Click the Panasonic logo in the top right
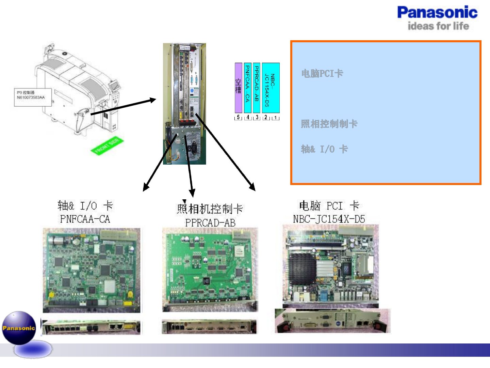[437, 13]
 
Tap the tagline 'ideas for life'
[438, 26]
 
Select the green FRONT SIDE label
[107, 146]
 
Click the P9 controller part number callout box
[33, 97]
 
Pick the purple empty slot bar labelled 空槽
[239, 88]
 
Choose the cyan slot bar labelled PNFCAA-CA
[248, 88]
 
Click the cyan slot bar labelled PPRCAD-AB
[257, 88]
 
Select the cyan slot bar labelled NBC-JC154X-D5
[271, 88]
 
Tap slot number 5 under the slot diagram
[238, 118]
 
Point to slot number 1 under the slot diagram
[275, 118]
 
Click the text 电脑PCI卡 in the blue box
[322, 73]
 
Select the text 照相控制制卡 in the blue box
[329, 124]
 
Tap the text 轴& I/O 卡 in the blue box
[324, 149]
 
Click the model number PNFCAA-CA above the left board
[85, 219]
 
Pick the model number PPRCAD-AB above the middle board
[210, 223]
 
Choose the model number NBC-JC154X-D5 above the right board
[329, 219]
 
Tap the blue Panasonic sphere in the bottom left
[19, 328]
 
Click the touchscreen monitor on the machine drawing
[115, 86]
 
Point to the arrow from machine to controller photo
[122, 107]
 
